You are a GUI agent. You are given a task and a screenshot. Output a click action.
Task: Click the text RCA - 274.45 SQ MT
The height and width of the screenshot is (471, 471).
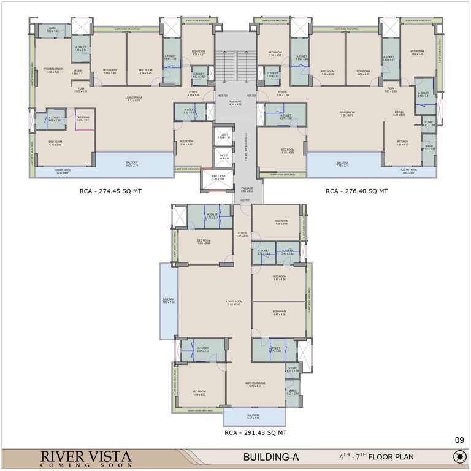pos(110,191)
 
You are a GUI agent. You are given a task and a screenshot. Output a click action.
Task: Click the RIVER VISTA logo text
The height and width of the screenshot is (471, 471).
pos(86,458)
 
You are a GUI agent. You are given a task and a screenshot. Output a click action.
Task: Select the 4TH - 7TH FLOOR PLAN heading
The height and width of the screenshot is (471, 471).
pos(377,457)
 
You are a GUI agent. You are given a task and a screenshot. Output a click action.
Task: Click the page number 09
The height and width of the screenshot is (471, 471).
pos(459,439)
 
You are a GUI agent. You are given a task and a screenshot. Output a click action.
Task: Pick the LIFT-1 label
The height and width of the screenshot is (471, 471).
pos(224,136)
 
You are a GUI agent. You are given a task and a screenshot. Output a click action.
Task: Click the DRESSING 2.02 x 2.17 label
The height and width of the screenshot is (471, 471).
pos(82,118)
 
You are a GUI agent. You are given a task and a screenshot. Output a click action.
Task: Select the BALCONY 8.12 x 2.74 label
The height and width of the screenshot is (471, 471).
pos(132,164)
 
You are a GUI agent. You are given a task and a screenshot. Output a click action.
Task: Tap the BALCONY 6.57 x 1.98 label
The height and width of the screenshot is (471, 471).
pos(253,416)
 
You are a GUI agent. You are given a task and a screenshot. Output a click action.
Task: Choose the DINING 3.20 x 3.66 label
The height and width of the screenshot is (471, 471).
pos(399,113)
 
